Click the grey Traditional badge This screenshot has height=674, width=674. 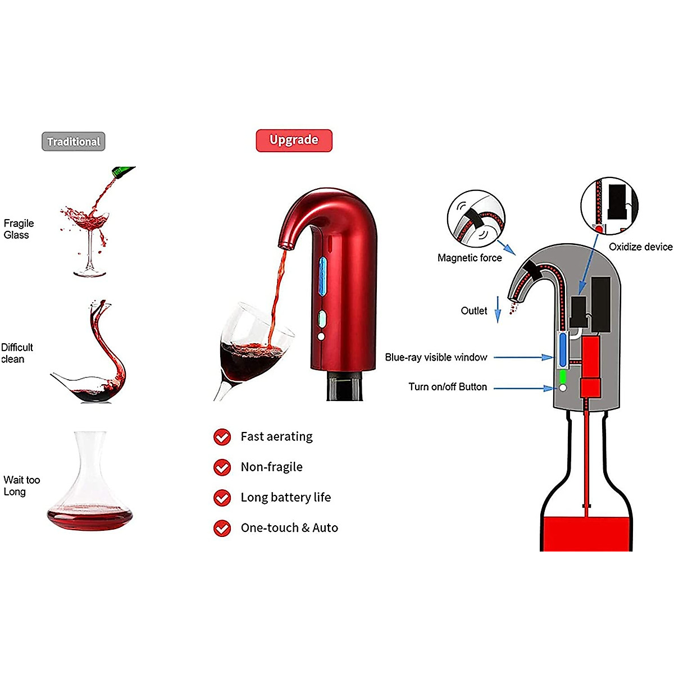[74, 142]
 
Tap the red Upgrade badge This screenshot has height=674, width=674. [294, 140]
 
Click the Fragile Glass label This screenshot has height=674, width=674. [19, 229]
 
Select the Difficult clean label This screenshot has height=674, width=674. [17, 353]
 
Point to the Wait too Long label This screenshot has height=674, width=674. [21, 485]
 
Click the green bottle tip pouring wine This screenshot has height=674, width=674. [124, 171]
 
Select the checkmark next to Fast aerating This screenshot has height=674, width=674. [222, 437]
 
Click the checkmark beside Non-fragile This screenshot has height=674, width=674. [222, 467]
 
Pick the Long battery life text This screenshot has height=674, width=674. [286, 497]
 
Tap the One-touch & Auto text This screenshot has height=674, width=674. [289, 528]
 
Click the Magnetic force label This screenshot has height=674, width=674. [470, 258]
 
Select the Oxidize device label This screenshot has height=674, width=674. [640, 247]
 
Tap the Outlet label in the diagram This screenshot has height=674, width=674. [474, 311]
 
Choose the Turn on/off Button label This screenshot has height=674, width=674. [448, 387]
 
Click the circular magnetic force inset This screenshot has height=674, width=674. [476, 219]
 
